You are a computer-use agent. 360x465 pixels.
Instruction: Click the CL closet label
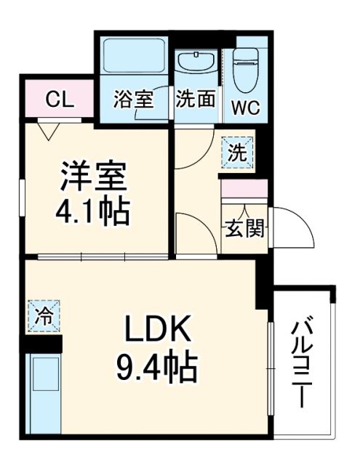point(59,100)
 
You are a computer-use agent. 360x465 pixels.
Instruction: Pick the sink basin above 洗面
point(196,63)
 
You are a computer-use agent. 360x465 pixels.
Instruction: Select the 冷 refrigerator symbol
point(44,316)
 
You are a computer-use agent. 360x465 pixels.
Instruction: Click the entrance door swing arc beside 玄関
point(295,225)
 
